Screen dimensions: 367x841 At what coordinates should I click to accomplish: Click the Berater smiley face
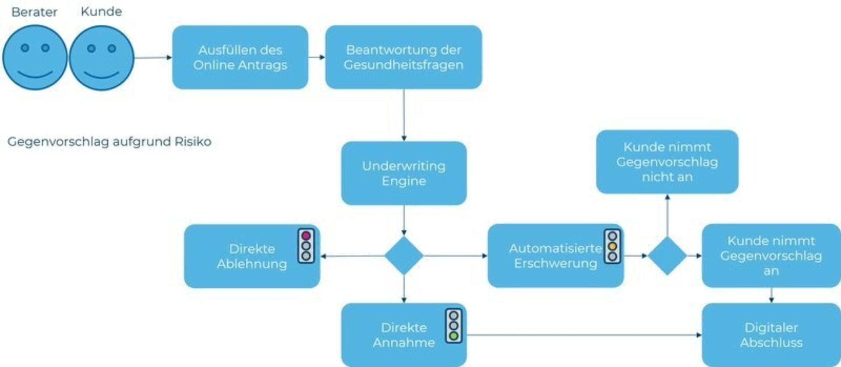[x=35, y=58]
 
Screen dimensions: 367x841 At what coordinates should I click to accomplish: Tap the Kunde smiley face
[x=102, y=58]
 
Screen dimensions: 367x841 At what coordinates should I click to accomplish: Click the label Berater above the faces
[x=34, y=12]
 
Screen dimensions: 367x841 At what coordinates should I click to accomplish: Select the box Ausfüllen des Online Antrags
[x=240, y=57]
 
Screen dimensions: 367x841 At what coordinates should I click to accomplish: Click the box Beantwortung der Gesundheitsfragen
[x=403, y=57]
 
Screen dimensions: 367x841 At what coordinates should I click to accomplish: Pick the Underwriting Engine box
[x=403, y=173]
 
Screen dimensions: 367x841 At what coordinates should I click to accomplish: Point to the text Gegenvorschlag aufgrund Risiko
[x=110, y=141]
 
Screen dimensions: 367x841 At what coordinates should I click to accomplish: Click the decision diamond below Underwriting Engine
[x=403, y=256]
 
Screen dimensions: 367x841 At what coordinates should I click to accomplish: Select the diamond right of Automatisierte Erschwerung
[x=667, y=256]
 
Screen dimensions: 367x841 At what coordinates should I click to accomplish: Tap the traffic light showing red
[x=306, y=246]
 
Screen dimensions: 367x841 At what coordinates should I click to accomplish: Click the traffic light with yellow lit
[x=612, y=246]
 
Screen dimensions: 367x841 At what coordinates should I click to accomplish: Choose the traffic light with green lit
[x=454, y=326]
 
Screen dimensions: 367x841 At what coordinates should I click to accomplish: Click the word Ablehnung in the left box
[x=252, y=264]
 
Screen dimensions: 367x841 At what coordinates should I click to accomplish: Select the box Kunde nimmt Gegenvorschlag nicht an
[x=667, y=162]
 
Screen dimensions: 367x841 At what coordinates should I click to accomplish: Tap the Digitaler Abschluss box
[x=771, y=335]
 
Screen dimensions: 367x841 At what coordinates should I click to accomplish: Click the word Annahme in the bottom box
[x=403, y=342]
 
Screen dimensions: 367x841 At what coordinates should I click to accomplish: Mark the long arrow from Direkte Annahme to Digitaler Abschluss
[x=583, y=335]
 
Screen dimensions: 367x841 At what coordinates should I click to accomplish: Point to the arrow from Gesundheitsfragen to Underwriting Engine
[x=403, y=115]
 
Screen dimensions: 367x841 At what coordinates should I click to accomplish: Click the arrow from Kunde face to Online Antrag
[x=152, y=57]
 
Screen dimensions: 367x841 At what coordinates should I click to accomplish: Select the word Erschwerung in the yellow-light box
[x=555, y=263]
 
